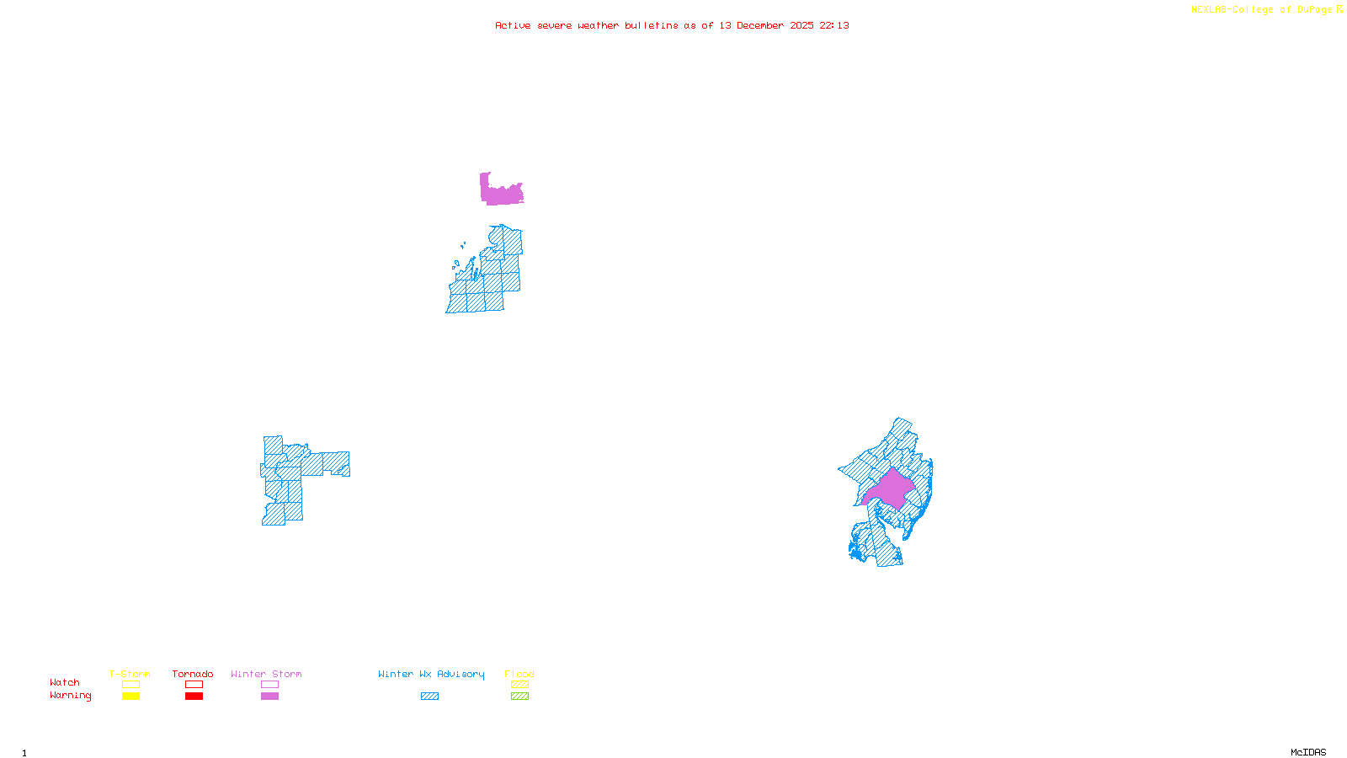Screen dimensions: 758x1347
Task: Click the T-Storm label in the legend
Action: pyautogui.click(x=130, y=674)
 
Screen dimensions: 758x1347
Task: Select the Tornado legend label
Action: pyautogui.click(x=193, y=674)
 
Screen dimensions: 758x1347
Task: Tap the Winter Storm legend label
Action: pyautogui.click(x=266, y=674)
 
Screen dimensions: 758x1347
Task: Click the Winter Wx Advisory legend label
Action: pyautogui.click(x=431, y=674)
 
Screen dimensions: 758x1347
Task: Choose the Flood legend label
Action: pyautogui.click(x=519, y=674)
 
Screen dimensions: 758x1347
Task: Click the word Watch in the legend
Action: pyautogui.click(x=65, y=682)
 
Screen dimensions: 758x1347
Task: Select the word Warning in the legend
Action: pyautogui.click(x=71, y=696)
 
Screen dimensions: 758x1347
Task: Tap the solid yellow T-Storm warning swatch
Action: pyautogui.click(x=130, y=697)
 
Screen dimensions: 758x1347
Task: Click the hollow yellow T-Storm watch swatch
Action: pyautogui.click(x=130, y=685)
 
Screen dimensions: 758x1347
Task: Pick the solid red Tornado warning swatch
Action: pyautogui.click(x=194, y=697)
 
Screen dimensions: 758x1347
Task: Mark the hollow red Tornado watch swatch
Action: pyautogui.click(x=194, y=685)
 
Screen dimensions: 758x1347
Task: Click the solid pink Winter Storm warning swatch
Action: pyautogui.click(x=269, y=697)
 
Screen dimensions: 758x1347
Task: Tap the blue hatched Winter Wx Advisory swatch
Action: pyautogui.click(x=429, y=697)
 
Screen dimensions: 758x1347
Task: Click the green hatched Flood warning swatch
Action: pyautogui.click(x=519, y=697)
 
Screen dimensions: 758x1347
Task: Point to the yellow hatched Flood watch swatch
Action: pyautogui.click(x=519, y=685)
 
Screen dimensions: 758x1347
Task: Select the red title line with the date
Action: pyautogui.click(x=672, y=25)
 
